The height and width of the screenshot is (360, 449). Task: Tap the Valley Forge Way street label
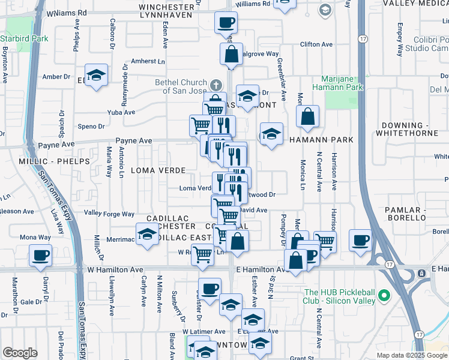109,214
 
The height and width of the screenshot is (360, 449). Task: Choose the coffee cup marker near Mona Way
41,255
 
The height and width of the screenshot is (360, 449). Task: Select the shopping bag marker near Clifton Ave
231,55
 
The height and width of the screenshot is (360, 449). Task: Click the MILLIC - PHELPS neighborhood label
62,161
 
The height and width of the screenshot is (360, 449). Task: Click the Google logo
20,352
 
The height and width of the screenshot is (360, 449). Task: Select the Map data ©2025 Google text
411,355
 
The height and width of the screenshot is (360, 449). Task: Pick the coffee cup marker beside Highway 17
360,240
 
